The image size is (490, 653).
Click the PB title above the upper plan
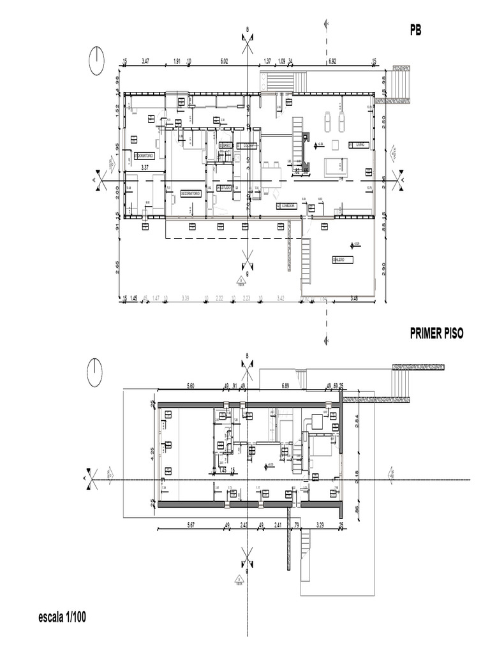tap(416, 30)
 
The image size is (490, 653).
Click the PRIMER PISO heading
tap(436, 333)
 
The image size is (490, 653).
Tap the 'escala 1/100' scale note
tap(63, 617)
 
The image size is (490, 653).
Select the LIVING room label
tap(360, 145)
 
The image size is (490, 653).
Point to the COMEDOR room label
tap(286, 206)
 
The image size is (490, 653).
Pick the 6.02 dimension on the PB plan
tap(224, 61)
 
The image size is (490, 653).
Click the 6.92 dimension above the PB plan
tap(332, 61)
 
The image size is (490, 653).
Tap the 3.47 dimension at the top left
tap(145, 61)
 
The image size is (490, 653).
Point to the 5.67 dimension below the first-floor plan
tap(189, 525)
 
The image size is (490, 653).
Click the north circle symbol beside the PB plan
tap(97, 61)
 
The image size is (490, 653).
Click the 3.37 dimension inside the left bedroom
tap(145, 168)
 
